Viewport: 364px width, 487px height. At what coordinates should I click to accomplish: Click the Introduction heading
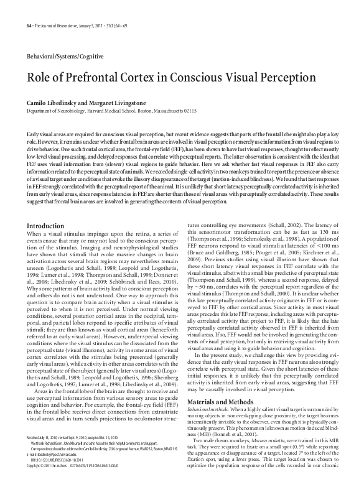(x=46, y=208)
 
